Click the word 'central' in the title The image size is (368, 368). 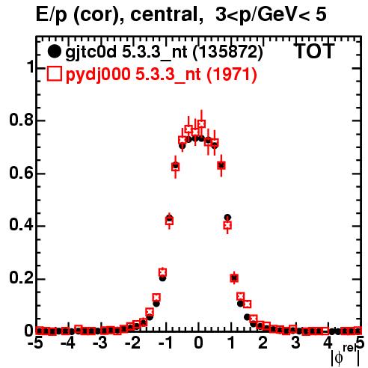click(164, 15)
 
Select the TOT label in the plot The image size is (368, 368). click(315, 51)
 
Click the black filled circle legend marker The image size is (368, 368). click(54, 52)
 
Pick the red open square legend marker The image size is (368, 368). click(54, 73)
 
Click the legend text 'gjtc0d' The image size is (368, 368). click(91, 52)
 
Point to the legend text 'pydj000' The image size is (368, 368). click(98, 75)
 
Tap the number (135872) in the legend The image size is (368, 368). click(227, 52)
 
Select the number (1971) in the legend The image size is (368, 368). click(232, 75)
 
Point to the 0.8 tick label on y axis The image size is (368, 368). click(21, 120)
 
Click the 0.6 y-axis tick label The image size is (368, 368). click(21, 173)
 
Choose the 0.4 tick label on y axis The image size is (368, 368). click(21, 226)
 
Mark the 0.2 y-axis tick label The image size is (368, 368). click(21, 279)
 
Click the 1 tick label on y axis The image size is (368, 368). click(30, 67)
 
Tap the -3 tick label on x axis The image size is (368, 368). click(100, 343)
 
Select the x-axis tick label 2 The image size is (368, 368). click(263, 343)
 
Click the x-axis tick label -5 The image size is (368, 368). click(35, 343)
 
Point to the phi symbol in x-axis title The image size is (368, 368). click(339, 358)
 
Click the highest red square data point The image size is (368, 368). click(201, 123)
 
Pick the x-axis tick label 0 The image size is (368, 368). click(198, 343)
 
